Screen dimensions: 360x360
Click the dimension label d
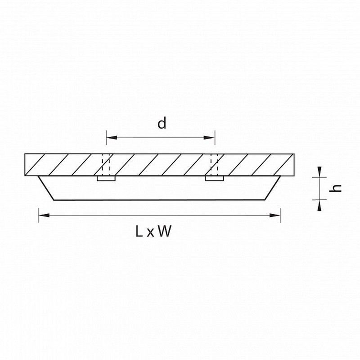[162, 123]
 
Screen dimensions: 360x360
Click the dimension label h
[335, 188]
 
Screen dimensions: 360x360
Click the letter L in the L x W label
[139, 231]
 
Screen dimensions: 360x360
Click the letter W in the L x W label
[165, 231]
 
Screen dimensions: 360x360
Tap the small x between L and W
[150, 233]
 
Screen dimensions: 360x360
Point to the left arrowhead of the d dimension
[112, 138]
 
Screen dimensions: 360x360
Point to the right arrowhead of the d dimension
[209, 138]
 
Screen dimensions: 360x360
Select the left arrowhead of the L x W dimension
[44, 216]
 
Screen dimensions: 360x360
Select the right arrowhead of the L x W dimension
[275, 216]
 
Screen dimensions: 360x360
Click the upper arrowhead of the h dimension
[319, 172]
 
